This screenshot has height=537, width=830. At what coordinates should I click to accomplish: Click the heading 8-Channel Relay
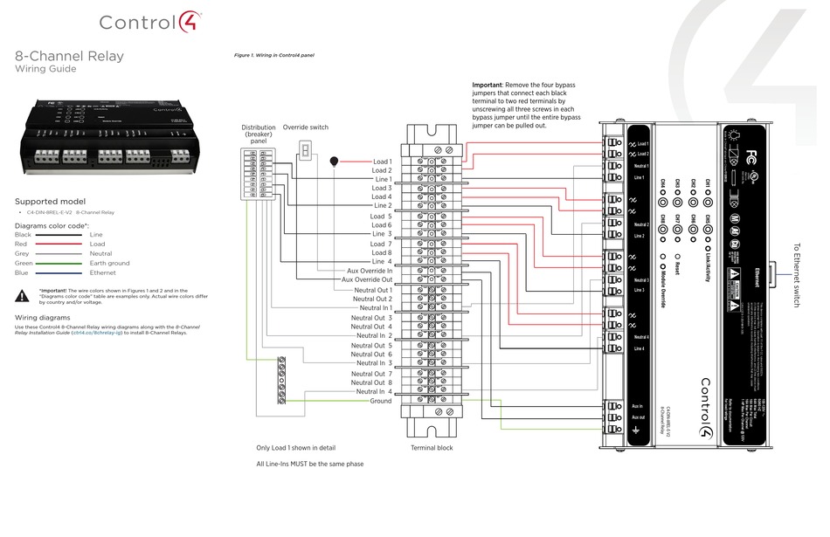[x=69, y=57]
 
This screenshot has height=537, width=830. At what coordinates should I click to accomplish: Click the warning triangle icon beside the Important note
[x=24, y=295]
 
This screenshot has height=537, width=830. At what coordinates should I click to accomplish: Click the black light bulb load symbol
[x=335, y=162]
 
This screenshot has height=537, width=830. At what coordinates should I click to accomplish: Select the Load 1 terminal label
[x=382, y=162]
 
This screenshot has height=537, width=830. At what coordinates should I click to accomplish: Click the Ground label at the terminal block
[x=380, y=401]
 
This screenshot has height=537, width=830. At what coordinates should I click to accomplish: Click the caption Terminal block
[x=432, y=448]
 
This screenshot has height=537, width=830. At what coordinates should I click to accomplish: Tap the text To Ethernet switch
[x=796, y=275]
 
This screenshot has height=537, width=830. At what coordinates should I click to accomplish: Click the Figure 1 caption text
[x=273, y=55]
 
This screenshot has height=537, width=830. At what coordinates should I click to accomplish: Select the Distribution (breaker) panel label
[x=259, y=134]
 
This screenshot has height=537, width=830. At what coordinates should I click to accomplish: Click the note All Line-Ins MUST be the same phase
[x=309, y=464]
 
